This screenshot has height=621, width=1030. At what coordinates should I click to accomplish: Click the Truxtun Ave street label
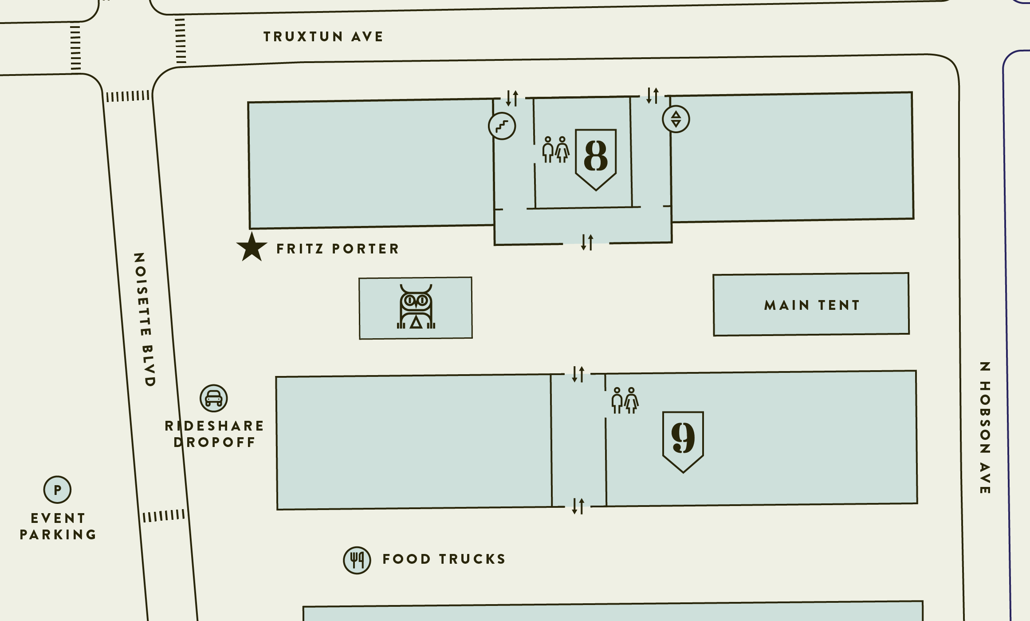(x=323, y=36)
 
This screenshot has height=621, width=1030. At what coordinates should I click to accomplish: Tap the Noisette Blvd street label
(x=145, y=320)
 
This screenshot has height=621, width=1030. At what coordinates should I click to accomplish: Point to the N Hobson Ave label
(x=985, y=428)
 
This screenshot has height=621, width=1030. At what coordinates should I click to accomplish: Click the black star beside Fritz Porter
(x=252, y=248)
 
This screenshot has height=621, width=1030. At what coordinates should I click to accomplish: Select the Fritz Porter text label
(x=338, y=249)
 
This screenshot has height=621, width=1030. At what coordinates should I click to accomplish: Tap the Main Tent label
(x=812, y=305)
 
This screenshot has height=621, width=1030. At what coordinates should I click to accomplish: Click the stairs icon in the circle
(x=502, y=126)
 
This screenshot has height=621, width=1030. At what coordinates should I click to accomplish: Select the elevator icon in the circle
(x=676, y=119)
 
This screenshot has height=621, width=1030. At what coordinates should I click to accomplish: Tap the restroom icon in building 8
(x=555, y=150)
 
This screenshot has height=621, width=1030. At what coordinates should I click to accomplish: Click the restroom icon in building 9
(x=625, y=400)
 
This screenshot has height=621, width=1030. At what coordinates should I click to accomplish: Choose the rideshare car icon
(x=213, y=398)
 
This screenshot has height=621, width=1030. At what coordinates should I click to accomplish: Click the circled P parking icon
(x=57, y=490)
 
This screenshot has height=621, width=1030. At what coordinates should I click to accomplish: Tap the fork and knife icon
(x=357, y=560)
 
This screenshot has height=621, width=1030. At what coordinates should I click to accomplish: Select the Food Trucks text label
(x=444, y=559)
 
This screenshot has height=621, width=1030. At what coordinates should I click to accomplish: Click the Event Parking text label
(x=58, y=526)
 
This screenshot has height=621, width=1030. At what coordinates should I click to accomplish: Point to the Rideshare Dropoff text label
(x=215, y=434)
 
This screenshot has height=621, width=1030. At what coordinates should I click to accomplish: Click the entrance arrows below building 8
(x=587, y=242)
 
